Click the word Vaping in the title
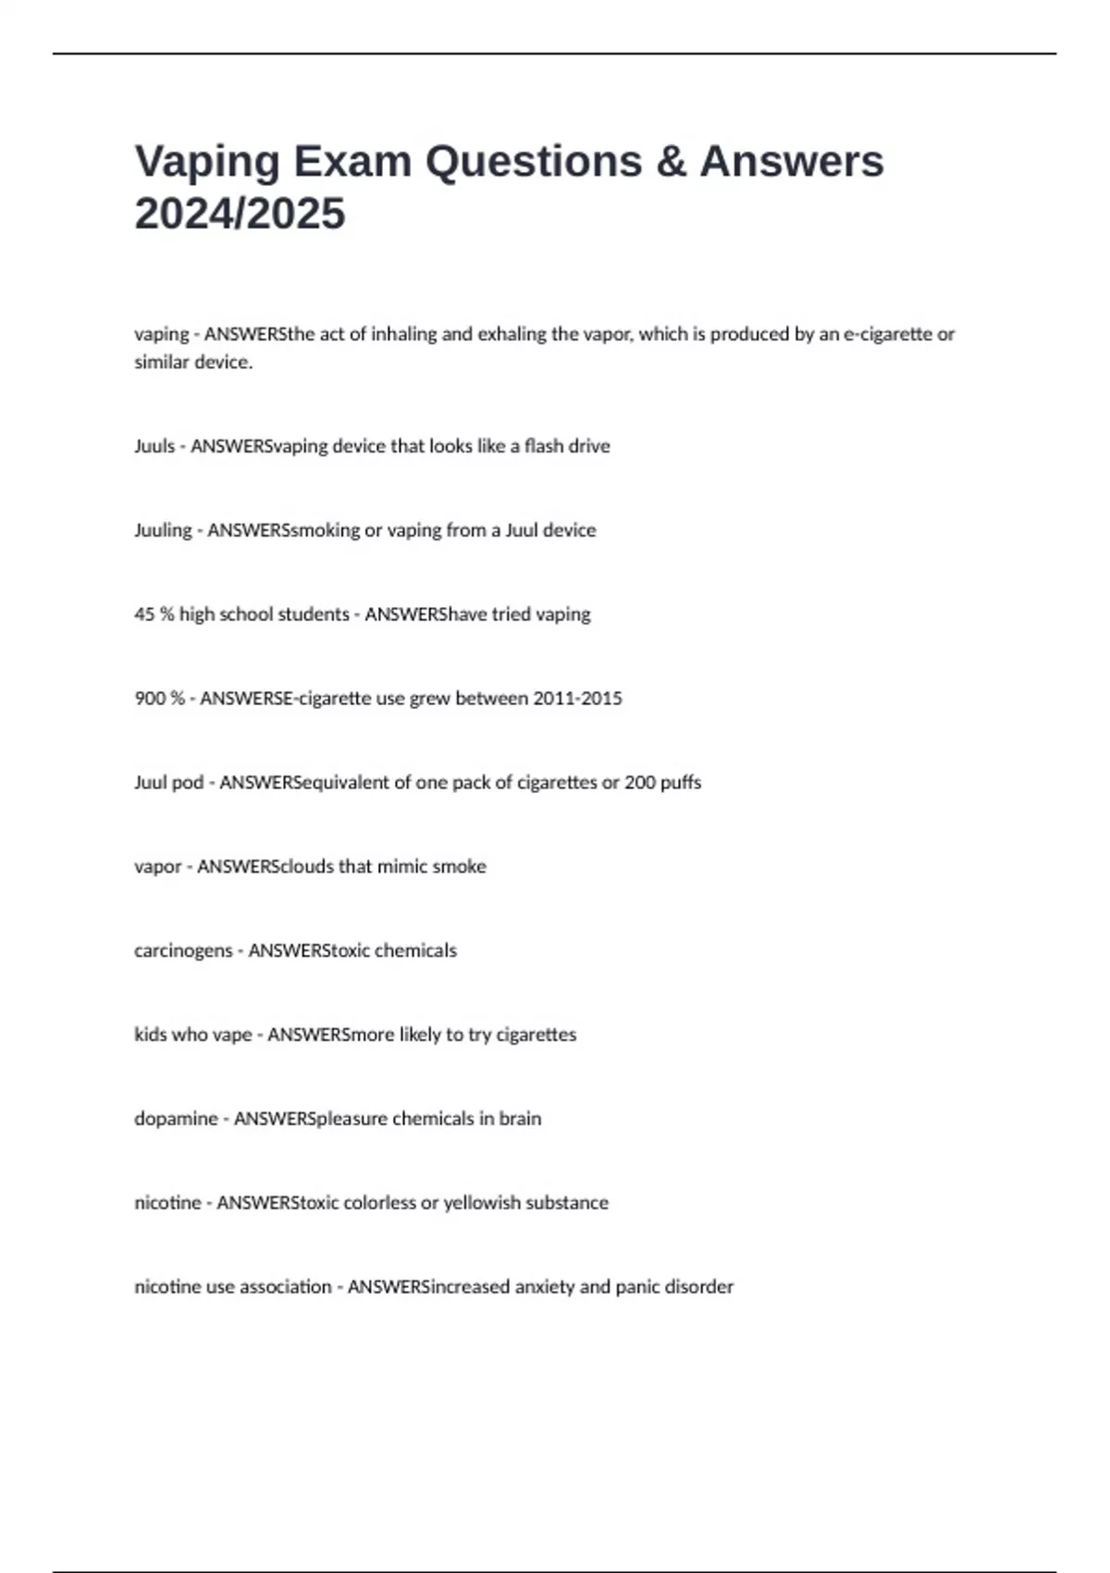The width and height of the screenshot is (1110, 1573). click(x=208, y=162)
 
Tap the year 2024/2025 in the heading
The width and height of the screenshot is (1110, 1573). click(x=240, y=214)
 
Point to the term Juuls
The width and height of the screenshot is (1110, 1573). click(x=154, y=446)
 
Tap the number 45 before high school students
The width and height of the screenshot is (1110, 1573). click(x=144, y=614)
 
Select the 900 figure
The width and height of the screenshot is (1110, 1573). click(x=150, y=699)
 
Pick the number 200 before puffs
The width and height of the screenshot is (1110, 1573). click(x=640, y=783)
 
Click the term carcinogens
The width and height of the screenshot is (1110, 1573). click(x=183, y=951)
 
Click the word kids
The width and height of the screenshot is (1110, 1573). click(x=150, y=1034)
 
